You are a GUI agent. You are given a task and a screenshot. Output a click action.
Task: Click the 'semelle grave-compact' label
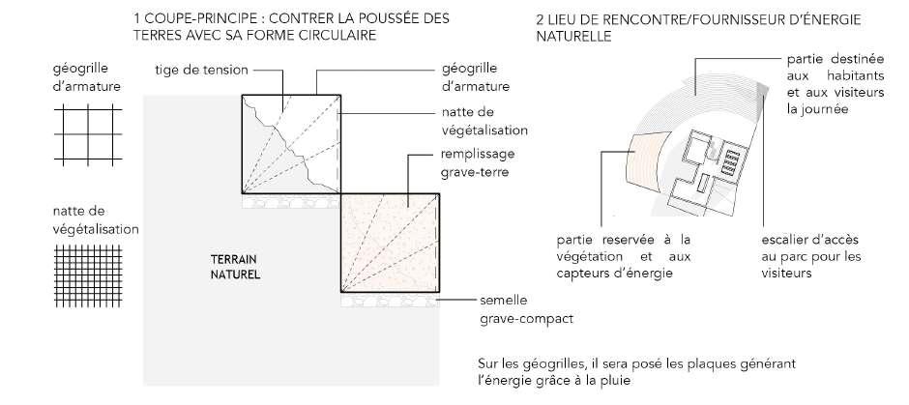[x=518, y=308]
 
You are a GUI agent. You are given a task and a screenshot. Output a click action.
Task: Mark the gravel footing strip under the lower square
[x=391, y=302]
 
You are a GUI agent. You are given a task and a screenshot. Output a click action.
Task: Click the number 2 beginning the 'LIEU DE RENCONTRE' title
[x=539, y=18]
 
